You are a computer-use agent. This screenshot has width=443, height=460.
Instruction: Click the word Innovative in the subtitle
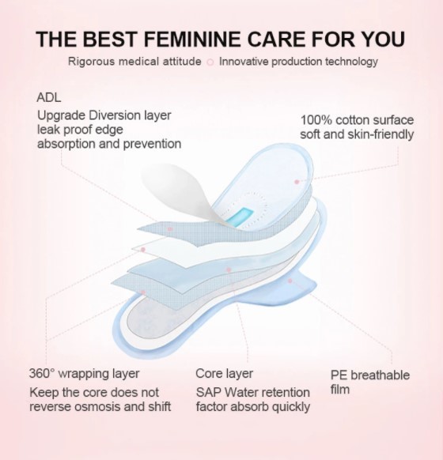click(246, 62)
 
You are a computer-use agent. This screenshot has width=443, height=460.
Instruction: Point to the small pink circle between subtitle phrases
click(210, 62)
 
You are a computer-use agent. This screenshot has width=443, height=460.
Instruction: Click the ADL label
click(48, 97)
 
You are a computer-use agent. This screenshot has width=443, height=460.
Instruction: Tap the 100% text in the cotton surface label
click(314, 119)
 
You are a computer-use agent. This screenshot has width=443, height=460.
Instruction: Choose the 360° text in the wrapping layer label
click(42, 373)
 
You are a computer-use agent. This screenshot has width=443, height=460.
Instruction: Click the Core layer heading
click(225, 373)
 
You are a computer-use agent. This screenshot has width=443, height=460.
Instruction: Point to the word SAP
click(208, 392)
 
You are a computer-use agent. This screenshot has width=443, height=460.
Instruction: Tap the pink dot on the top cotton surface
click(297, 181)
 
